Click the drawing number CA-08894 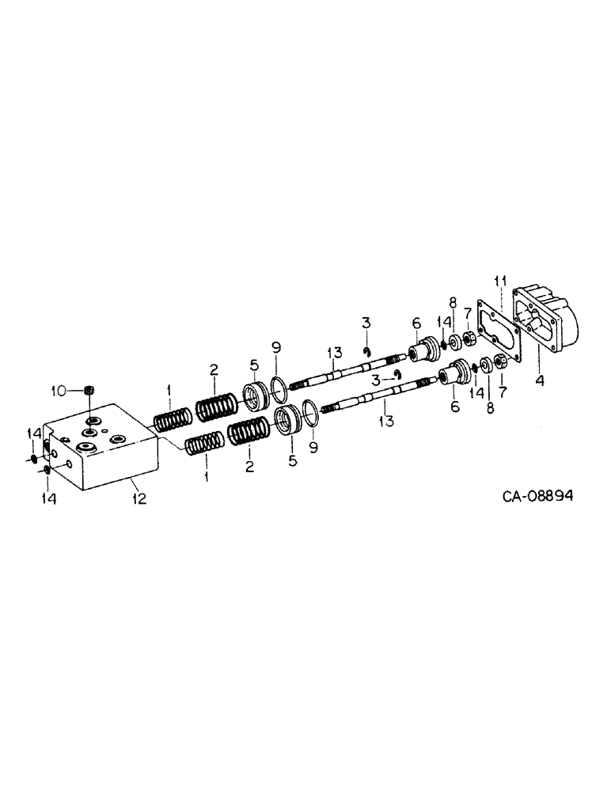click(537, 496)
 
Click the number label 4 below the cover click(539, 380)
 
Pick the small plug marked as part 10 click(89, 389)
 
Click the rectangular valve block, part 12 click(99, 447)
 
